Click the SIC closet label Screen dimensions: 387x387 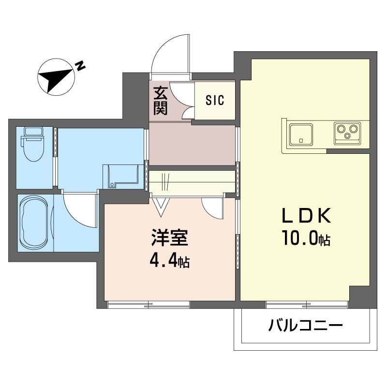click(x=215, y=100)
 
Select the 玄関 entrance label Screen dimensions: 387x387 click(x=161, y=100)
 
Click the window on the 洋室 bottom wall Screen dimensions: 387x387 click(x=148, y=304)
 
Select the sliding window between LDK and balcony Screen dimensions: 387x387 click(x=307, y=304)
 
